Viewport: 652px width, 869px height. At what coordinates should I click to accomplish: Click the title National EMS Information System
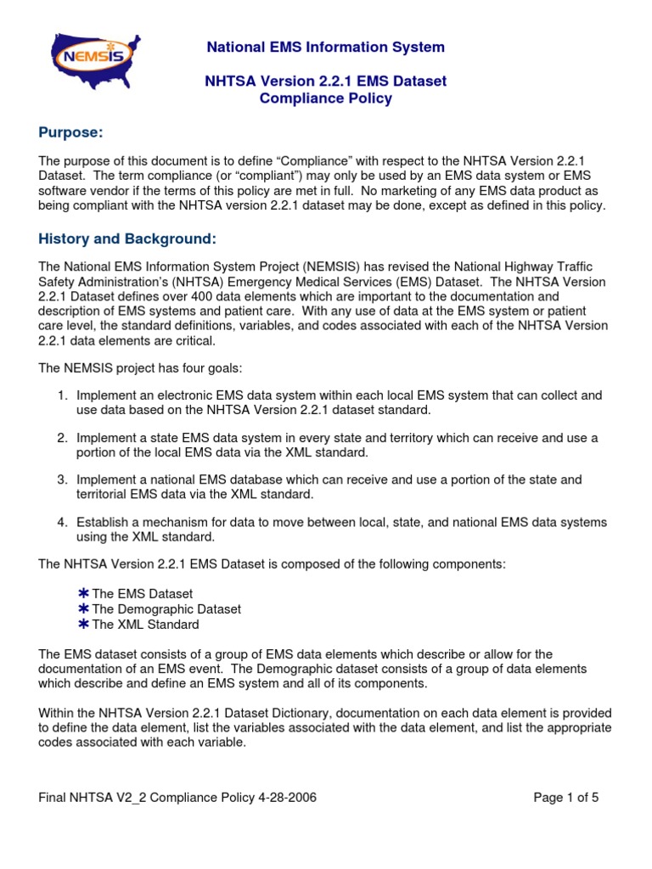click(x=326, y=47)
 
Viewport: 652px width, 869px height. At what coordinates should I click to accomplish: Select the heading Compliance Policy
click(x=326, y=98)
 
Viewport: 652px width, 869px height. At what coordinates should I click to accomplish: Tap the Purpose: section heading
click(x=74, y=132)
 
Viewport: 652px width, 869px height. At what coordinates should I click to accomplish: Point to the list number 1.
click(x=62, y=395)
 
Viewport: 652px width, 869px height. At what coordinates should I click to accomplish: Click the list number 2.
click(x=62, y=438)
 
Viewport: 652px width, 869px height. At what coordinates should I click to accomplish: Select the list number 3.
click(x=62, y=480)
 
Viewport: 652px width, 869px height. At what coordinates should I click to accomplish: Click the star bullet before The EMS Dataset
click(x=83, y=594)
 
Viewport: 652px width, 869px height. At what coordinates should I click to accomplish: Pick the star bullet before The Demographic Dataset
click(x=83, y=609)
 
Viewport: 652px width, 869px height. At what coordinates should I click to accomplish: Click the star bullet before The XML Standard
click(x=83, y=625)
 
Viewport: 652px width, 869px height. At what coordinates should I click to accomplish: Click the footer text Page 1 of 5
click(x=566, y=798)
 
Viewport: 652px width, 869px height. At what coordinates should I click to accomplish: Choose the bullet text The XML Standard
click(x=145, y=625)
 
